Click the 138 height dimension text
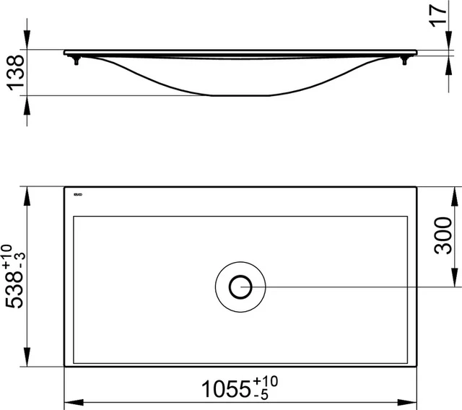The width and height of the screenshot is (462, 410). pyautogui.click(x=14, y=73)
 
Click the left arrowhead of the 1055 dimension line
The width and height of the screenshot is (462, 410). pyautogui.click(x=70, y=401)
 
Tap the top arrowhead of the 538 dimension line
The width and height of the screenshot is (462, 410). pyautogui.click(x=28, y=192)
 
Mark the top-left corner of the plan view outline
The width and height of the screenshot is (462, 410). pyautogui.click(x=64, y=187)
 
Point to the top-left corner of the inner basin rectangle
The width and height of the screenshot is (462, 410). pyautogui.click(x=74, y=215)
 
